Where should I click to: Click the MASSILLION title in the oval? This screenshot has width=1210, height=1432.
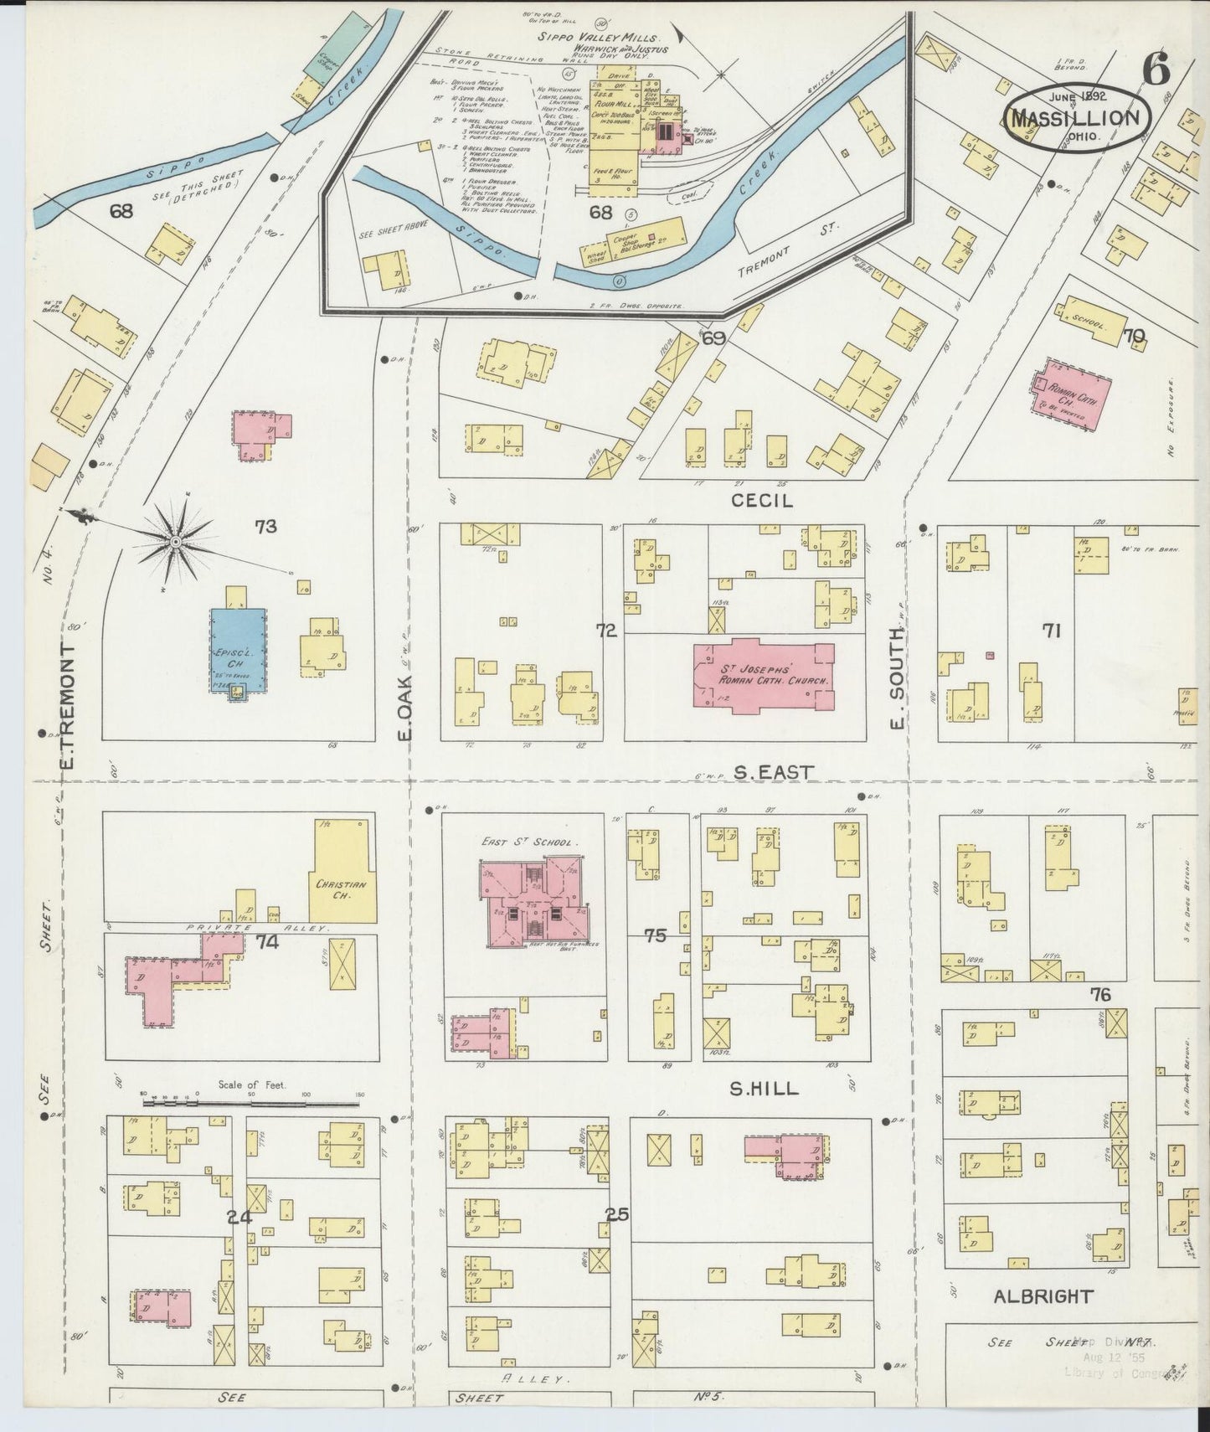pyautogui.click(x=1075, y=117)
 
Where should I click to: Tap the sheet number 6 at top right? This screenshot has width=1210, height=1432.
pyautogui.click(x=1155, y=70)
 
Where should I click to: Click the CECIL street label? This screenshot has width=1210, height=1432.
pyautogui.click(x=761, y=500)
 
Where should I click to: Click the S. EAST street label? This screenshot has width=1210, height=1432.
pyautogui.click(x=773, y=772)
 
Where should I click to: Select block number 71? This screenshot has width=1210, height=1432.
pyautogui.click(x=1051, y=631)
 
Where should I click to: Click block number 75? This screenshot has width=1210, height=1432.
pyautogui.click(x=655, y=935)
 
